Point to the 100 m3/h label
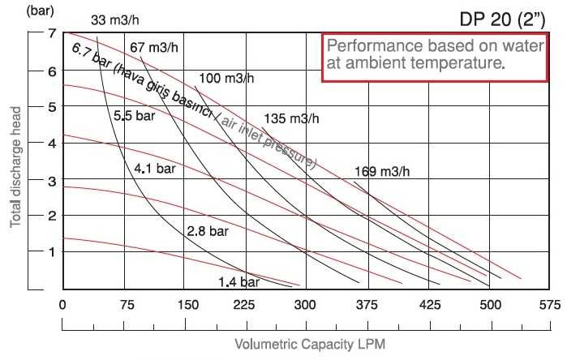225,79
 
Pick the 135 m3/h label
292,118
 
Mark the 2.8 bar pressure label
208,231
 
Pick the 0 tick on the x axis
62,306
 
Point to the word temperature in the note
457,62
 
